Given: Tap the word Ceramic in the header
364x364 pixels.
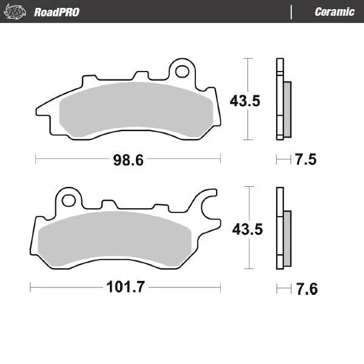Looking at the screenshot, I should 334,12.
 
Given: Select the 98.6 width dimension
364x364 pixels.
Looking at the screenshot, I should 128,160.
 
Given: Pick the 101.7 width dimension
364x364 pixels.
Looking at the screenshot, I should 126,287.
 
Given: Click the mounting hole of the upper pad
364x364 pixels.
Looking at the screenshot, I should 181,72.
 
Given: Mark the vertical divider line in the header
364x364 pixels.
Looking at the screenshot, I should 292,12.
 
